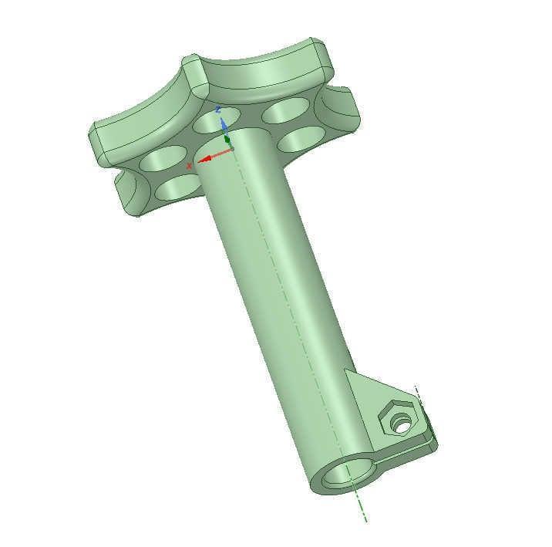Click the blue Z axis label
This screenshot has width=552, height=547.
click(218, 110)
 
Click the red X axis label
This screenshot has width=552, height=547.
click(190, 166)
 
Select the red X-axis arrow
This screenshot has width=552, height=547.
click(212, 156)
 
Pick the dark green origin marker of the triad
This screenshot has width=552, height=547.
click(227, 142)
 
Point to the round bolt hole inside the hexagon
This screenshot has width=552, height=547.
click(401, 423)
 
